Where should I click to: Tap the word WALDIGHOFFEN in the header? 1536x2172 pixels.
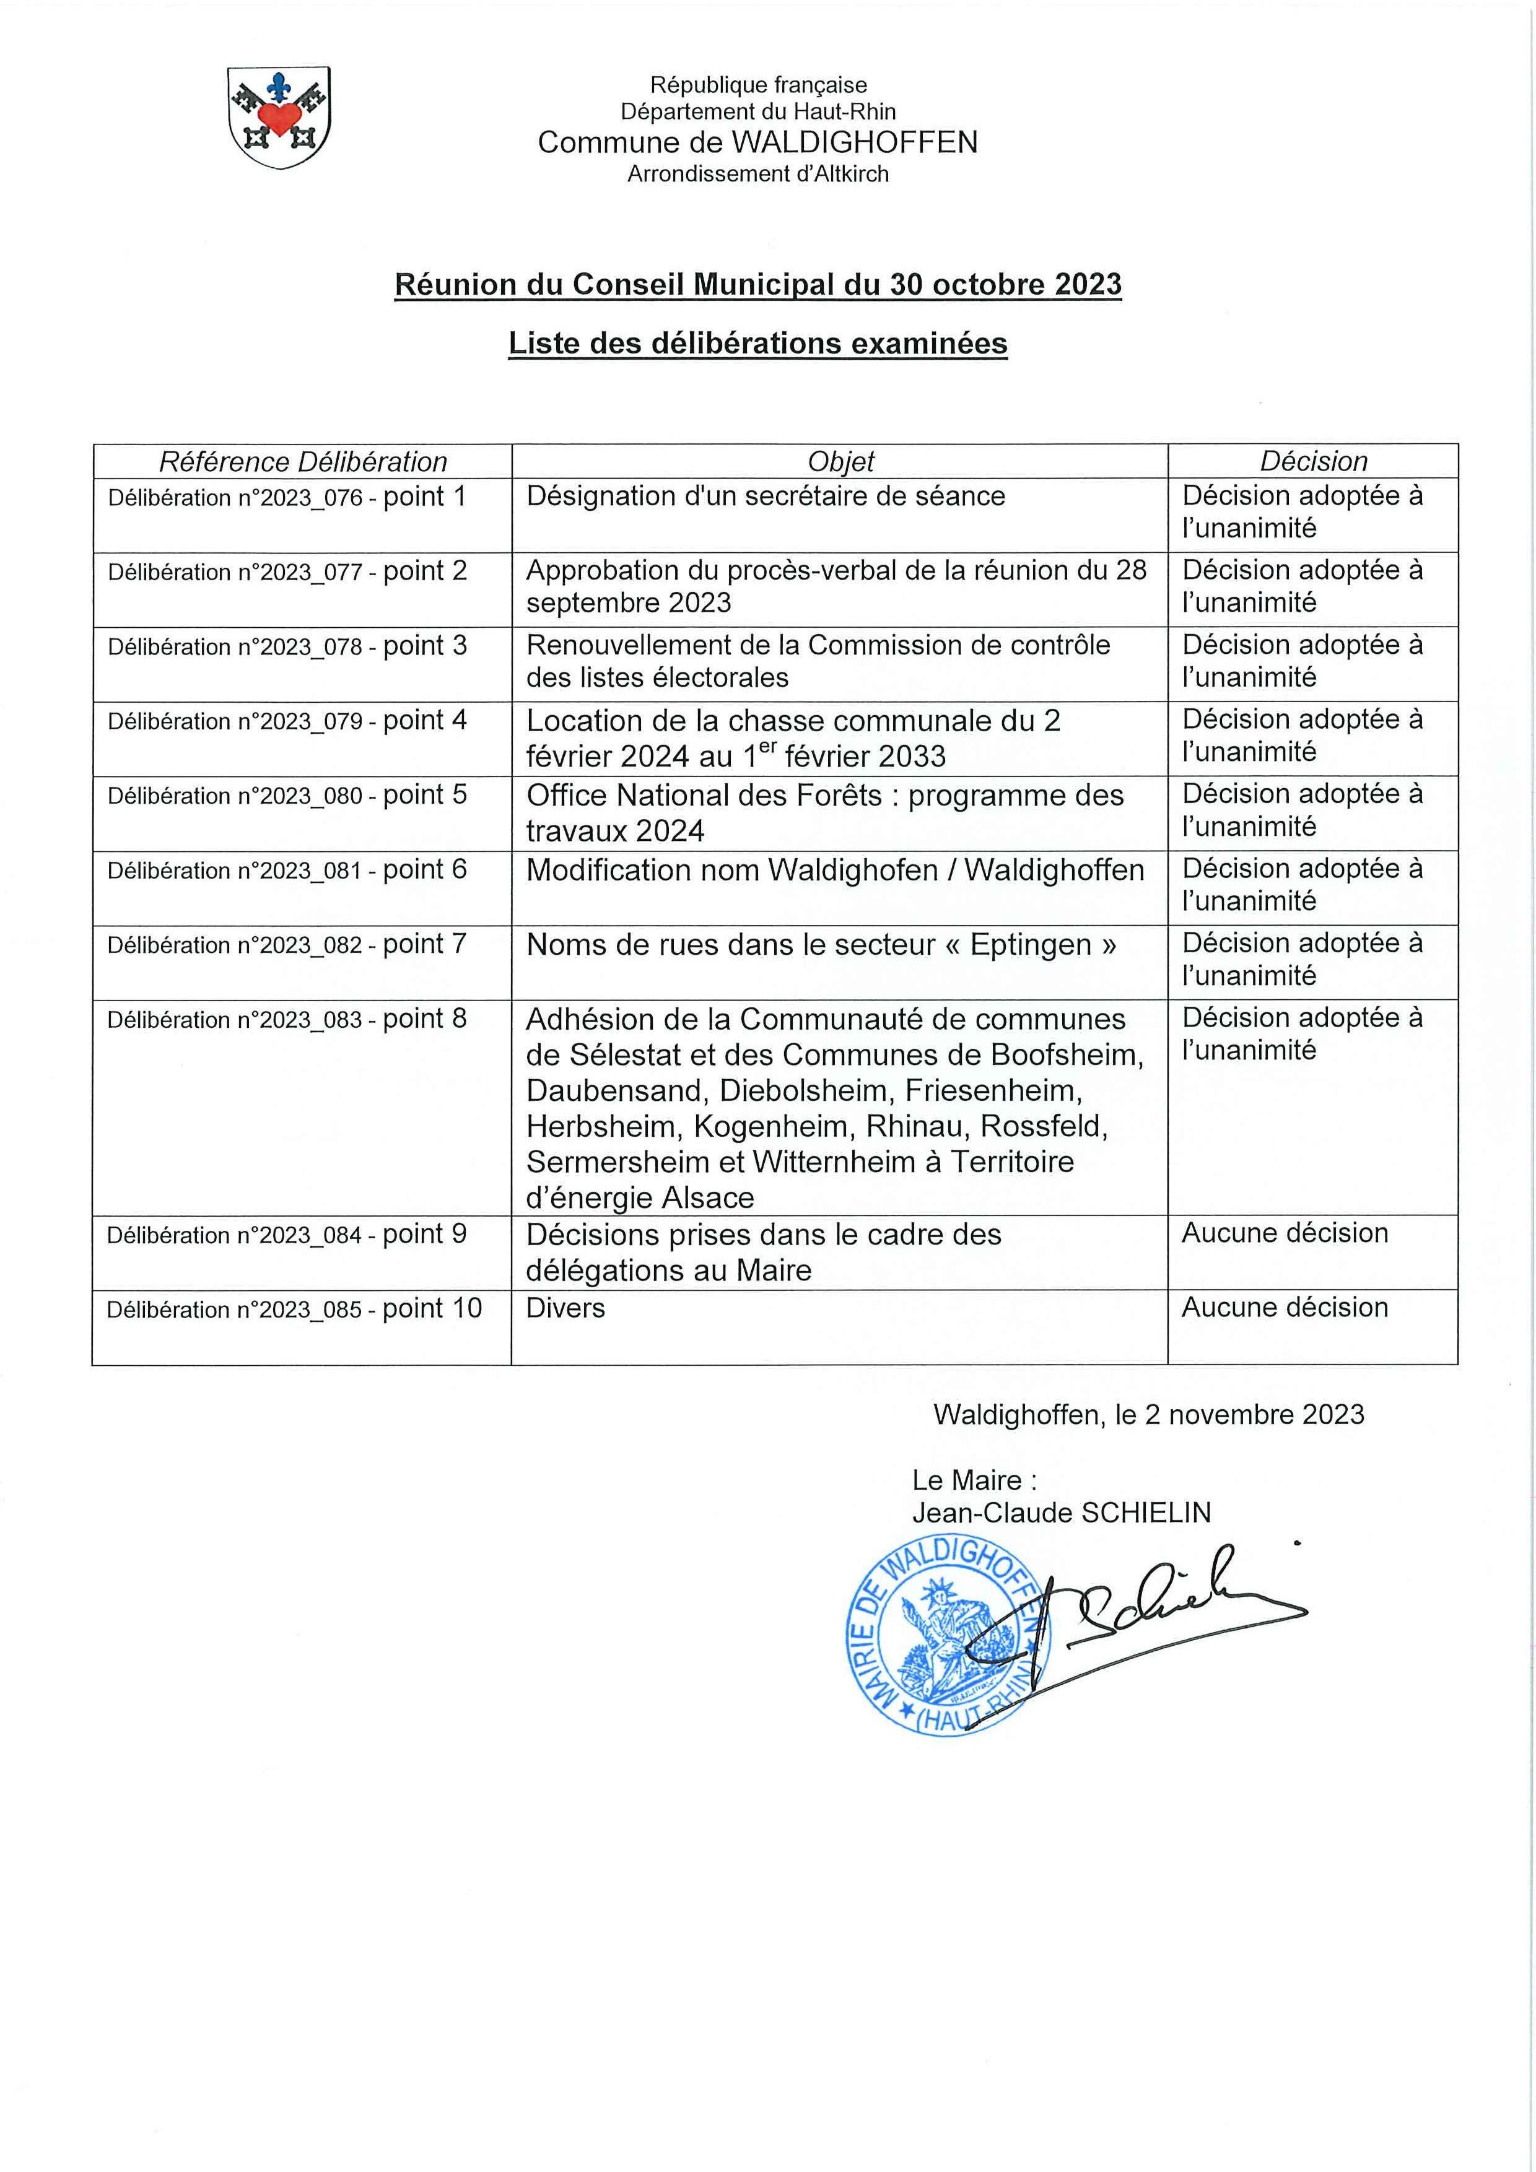[x=855, y=143]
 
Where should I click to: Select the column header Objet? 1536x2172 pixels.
[x=840, y=462]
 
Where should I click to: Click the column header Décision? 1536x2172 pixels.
[x=1312, y=462]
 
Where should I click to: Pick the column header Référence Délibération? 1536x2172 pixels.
[x=303, y=462]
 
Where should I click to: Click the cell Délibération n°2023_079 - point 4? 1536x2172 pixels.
[x=287, y=721]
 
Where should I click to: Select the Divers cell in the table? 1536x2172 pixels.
[x=566, y=1308]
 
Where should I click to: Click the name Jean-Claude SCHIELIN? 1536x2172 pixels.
[x=1061, y=1513]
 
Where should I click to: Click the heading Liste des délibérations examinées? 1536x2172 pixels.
[x=757, y=344]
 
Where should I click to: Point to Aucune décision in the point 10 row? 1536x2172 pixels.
[x=1285, y=1308]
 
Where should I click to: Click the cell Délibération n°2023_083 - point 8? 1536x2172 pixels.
[x=287, y=1020]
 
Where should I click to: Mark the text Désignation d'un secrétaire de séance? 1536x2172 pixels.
[x=766, y=497]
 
